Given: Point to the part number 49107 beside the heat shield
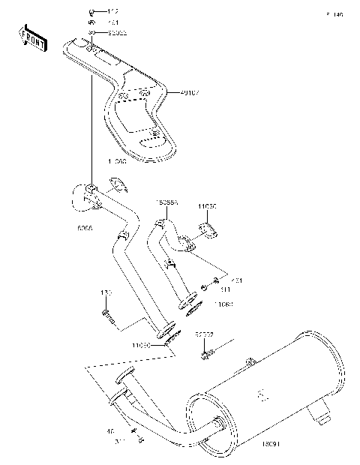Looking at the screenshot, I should pos(189,92).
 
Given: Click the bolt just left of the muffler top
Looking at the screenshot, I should pos(205,351).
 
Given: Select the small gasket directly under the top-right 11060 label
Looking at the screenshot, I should pos(207,230).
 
